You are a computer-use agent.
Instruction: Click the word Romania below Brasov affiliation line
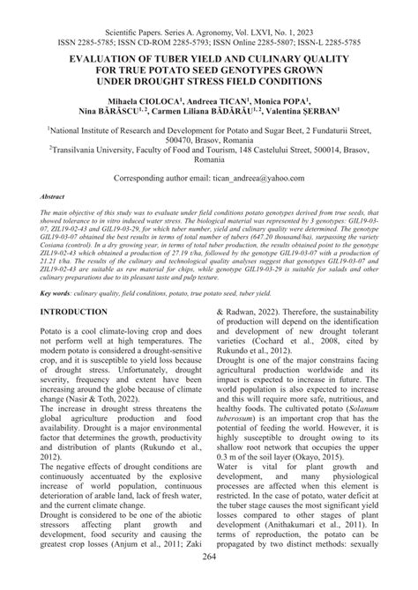(209, 163)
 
